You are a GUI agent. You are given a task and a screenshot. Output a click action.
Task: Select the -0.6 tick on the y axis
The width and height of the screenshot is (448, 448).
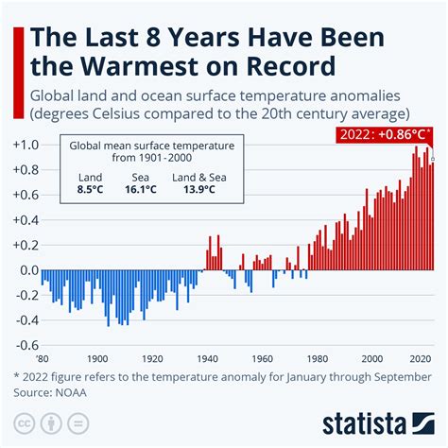(22, 344)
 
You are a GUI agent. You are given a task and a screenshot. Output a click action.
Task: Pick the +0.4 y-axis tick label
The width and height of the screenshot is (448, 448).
(21, 219)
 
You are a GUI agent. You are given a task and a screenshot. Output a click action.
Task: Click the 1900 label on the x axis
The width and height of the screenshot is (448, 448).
(96, 358)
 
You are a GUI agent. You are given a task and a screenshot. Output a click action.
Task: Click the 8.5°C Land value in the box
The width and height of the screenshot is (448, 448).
(92, 189)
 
